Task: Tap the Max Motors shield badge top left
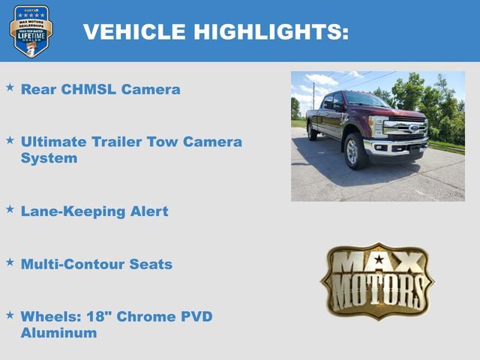tap(31, 31)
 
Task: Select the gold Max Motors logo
tap(377, 280)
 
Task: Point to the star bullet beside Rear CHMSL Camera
tap(10, 88)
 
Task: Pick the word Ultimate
tap(55, 141)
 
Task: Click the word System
tap(49, 158)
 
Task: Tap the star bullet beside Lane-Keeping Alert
tap(10, 209)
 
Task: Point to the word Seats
tap(151, 264)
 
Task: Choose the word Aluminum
tap(58, 332)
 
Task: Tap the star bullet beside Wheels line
tap(10, 314)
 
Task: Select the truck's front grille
tap(406, 127)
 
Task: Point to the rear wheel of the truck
tap(312, 132)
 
